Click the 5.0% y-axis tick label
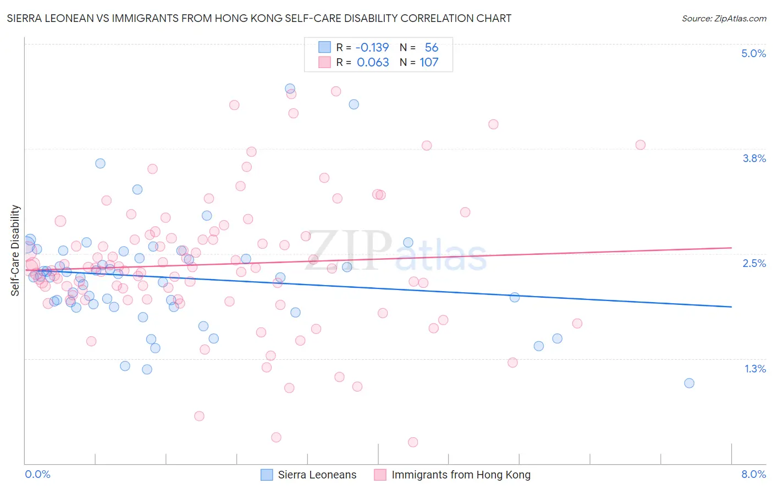click(x=753, y=53)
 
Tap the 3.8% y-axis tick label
click(x=754, y=158)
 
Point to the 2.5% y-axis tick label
click(x=754, y=263)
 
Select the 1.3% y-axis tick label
click(x=755, y=369)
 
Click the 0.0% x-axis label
click(x=37, y=474)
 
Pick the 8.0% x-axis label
click(x=753, y=474)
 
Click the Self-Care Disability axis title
click(x=15, y=250)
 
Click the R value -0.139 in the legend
click(x=372, y=47)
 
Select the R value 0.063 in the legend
click(x=373, y=62)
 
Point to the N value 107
click(x=429, y=62)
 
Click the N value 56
click(x=432, y=47)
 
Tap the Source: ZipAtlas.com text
click(x=724, y=18)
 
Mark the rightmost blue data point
click(x=689, y=383)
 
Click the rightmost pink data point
click(x=640, y=145)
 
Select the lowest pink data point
click(x=413, y=442)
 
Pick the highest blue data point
click(x=290, y=88)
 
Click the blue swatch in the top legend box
click(x=324, y=47)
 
